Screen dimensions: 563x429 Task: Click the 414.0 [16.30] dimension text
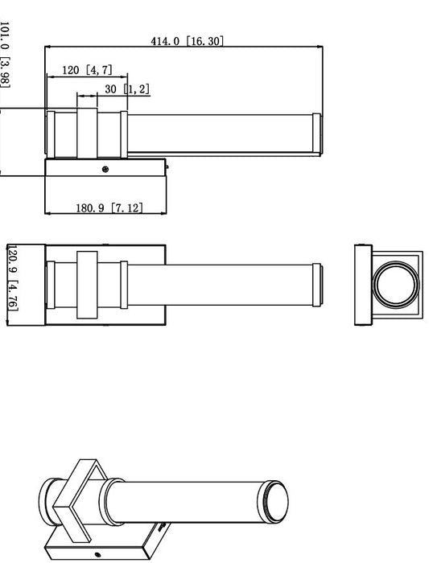(187, 41)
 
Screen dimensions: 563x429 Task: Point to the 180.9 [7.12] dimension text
(109, 208)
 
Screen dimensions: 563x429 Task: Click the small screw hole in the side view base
(105, 169)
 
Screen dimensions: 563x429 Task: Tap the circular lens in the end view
(394, 283)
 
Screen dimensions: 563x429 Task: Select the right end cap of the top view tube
(320, 284)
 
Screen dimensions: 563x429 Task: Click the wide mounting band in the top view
(87, 286)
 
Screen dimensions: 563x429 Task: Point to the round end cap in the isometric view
(275, 500)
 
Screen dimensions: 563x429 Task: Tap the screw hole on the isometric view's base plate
(98, 554)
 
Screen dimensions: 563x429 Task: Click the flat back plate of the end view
(361, 284)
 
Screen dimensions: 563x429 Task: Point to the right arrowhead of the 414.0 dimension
(320, 47)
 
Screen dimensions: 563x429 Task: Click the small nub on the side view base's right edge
(167, 167)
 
